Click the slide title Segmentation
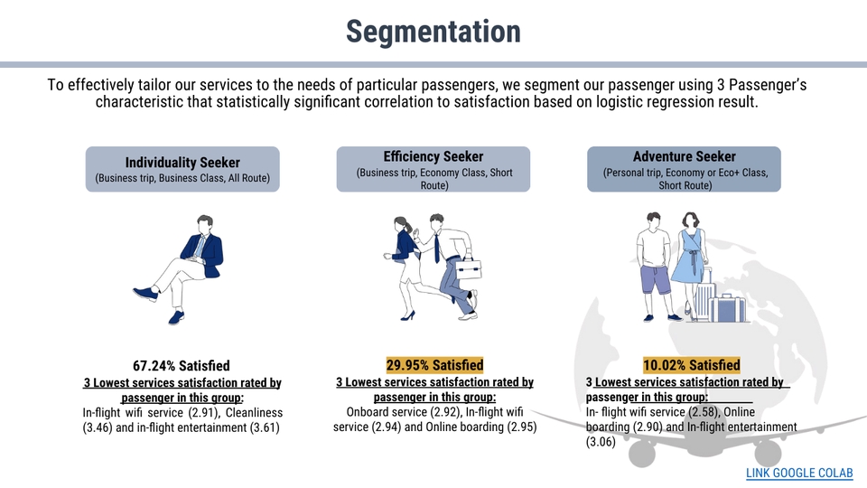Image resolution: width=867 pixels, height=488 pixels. point(433,32)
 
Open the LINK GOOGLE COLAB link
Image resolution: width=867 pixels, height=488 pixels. point(799,473)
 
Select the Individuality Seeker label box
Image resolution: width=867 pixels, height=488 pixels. point(182,169)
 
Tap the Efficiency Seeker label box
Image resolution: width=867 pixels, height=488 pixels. point(433,170)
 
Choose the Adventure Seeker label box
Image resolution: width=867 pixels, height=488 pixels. point(684,170)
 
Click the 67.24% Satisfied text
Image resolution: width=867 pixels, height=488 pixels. point(182,366)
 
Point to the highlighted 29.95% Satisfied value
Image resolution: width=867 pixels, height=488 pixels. point(434,365)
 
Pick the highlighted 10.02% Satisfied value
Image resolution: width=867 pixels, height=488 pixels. point(691,365)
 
